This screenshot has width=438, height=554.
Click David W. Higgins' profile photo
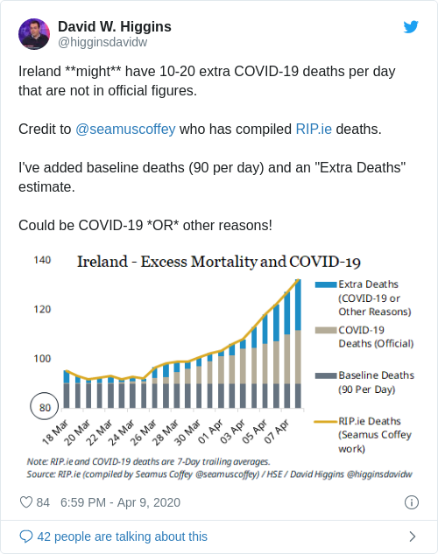tap(34, 33)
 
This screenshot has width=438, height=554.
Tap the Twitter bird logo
tap(411, 26)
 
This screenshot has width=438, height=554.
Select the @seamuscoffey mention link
tap(125, 129)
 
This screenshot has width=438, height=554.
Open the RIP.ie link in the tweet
tap(314, 129)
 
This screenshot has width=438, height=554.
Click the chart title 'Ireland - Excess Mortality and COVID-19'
tap(219, 262)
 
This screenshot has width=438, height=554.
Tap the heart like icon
tap(26, 502)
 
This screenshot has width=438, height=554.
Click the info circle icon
tap(411, 502)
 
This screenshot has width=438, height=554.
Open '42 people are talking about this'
tap(122, 536)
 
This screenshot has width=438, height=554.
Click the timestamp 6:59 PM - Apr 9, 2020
tap(119, 502)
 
